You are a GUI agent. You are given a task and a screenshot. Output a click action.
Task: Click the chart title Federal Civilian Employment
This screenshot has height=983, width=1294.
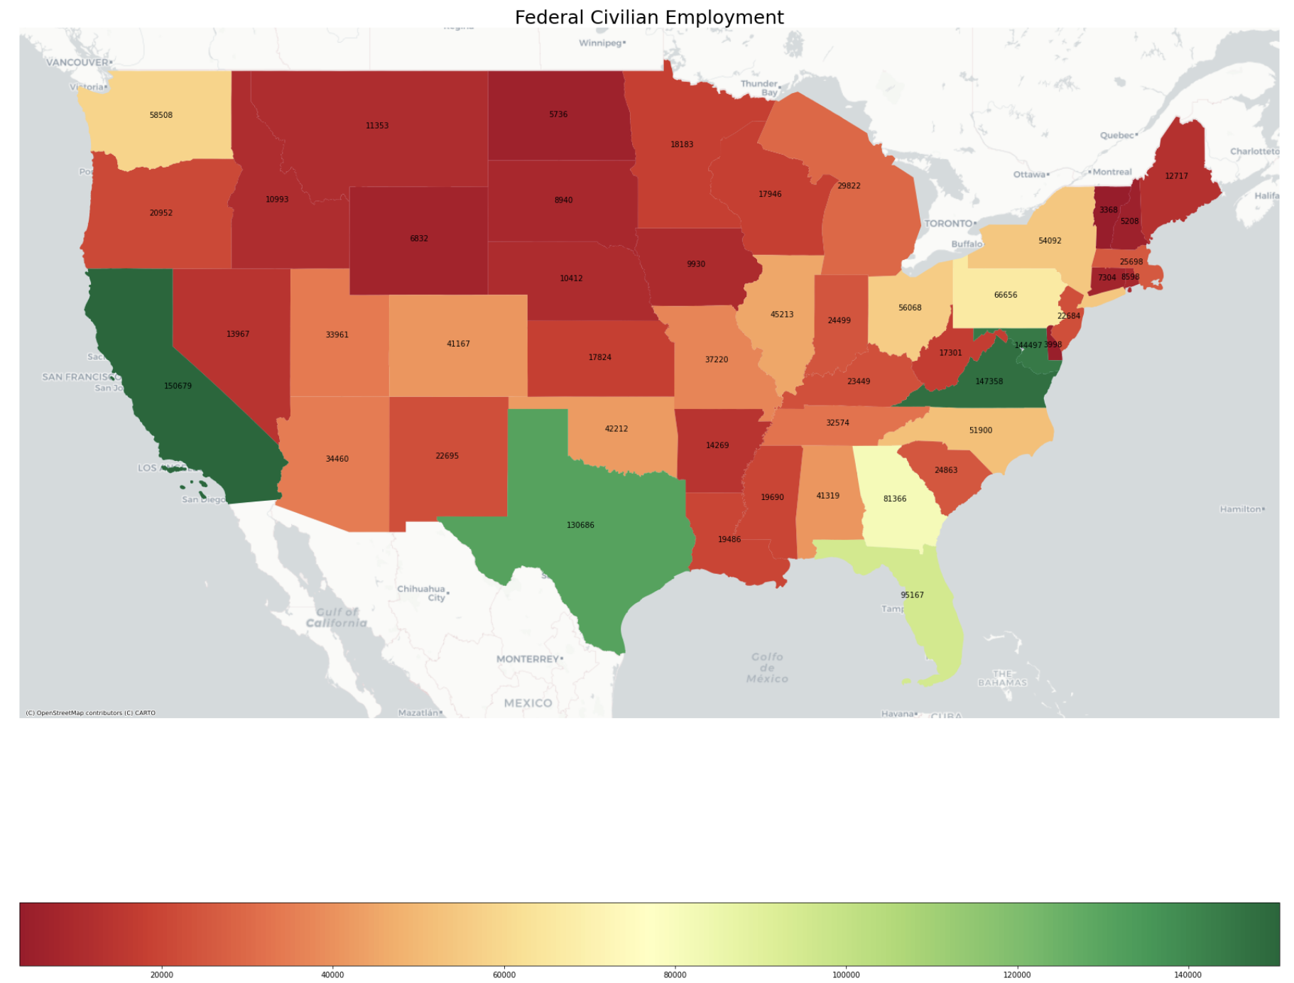coord(648,18)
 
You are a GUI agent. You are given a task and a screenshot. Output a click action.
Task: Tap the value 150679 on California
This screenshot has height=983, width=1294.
coord(178,386)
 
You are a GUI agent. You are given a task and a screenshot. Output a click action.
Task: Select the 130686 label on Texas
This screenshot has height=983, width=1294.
coord(580,526)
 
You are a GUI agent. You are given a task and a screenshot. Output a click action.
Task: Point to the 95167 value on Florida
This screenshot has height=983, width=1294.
coord(912,595)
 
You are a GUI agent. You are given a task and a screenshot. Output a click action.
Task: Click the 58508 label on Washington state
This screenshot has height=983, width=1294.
coord(161,115)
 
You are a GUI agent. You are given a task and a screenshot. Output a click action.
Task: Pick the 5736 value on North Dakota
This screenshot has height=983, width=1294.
coord(558,114)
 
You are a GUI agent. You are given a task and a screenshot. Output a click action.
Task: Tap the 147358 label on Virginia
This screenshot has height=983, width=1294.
coord(989,382)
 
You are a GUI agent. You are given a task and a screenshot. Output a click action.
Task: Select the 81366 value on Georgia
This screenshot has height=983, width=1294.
coord(894,499)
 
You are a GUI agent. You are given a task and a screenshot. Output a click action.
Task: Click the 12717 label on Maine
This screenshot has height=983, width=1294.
coord(1176,176)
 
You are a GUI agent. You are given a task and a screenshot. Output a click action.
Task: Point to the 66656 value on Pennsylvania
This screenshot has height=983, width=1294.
coord(1005,295)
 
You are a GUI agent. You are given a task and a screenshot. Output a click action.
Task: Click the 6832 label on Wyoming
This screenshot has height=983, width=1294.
coord(419,239)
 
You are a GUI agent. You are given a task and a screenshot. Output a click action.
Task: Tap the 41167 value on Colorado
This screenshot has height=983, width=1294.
coord(458,344)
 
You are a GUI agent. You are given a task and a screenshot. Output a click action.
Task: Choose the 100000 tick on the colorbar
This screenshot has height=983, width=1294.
coord(846,975)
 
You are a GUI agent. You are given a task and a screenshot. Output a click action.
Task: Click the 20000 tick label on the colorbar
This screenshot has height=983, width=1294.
coord(162,975)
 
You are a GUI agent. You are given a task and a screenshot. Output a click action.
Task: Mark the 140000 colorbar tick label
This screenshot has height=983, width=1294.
coord(1187,975)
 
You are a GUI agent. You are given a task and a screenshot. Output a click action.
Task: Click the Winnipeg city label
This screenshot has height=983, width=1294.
coord(601,43)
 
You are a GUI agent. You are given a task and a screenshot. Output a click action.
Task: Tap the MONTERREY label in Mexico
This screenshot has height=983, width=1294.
coord(528,659)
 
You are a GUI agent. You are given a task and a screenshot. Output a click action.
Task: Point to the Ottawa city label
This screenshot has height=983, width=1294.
coord(1029,175)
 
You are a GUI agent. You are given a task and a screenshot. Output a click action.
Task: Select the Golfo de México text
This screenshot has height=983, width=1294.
coord(767,668)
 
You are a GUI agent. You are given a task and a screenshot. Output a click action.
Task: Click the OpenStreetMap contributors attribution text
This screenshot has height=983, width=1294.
coord(90,713)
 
